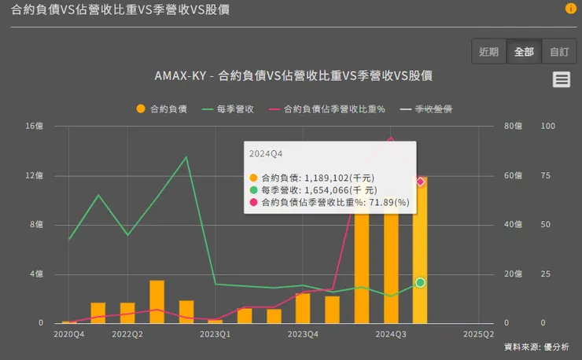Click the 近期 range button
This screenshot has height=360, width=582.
(x=489, y=52)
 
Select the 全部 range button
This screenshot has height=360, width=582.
(x=524, y=52)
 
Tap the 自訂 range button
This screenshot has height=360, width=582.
(x=559, y=52)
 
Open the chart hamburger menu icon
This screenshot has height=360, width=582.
(x=561, y=79)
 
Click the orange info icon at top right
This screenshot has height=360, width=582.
(x=571, y=9)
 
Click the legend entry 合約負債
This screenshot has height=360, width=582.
(x=162, y=109)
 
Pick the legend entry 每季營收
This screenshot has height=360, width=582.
(x=228, y=109)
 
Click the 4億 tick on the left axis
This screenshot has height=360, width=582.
(x=36, y=274)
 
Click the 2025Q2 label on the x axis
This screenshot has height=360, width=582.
(x=478, y=334)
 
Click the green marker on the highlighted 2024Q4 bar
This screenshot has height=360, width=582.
(x=421, y=282)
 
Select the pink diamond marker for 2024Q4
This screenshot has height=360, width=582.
(x=421, y=182)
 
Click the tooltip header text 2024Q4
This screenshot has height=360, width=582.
(x=265, y=152)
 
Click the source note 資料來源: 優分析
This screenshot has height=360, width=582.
(x=536, y=347)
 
